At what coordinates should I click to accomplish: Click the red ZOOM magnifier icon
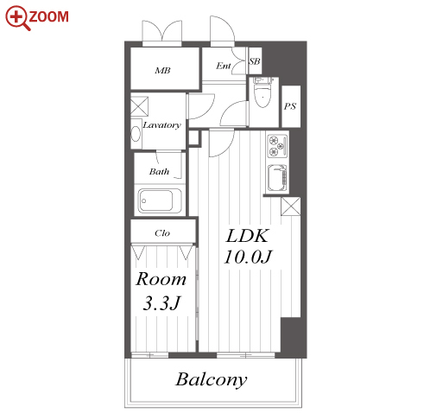point(17,17)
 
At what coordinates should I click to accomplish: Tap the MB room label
point(162,70)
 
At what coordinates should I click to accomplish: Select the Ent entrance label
point(224,66)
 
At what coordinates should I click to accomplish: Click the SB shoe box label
point(255,61)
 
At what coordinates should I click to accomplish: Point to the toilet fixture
point(262,92)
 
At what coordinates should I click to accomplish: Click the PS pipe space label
point(290,106)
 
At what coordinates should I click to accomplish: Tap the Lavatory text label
point(162,125)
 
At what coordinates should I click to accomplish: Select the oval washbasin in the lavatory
point(136,134)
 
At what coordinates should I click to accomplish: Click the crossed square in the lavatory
point(139,106)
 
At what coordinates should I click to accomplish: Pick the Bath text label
point(159,172)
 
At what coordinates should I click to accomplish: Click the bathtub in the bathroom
point(160,200)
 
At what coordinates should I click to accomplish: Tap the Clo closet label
point(162,233)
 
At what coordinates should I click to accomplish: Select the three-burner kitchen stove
point(278,146)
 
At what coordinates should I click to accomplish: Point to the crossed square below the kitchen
point(291,206)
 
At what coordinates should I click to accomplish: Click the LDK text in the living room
point(248,236)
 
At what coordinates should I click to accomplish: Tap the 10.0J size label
point(248,257)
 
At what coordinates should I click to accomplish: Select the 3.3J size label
point(161,303)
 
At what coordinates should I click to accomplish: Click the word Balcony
point(212,380)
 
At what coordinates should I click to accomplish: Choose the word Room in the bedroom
point(161,279)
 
